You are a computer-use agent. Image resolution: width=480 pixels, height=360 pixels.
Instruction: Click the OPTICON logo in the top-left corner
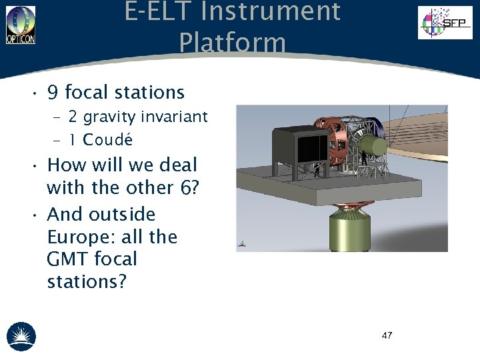pos(21,25)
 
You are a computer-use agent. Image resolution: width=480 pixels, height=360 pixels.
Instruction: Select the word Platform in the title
pos(232,43)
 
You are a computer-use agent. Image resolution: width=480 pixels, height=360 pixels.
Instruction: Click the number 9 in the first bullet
pos(53,92)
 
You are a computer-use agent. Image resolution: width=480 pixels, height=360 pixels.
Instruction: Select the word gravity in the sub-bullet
pos(109,117)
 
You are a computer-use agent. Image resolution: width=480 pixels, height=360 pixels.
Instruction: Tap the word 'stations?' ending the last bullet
pos(87,281)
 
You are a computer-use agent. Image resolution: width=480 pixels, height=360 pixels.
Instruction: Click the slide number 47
pos(387,335)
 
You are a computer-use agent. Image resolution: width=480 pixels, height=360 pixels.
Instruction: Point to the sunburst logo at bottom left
pos(21,336)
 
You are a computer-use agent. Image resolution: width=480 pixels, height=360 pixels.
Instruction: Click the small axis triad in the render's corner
pos(241,246)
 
